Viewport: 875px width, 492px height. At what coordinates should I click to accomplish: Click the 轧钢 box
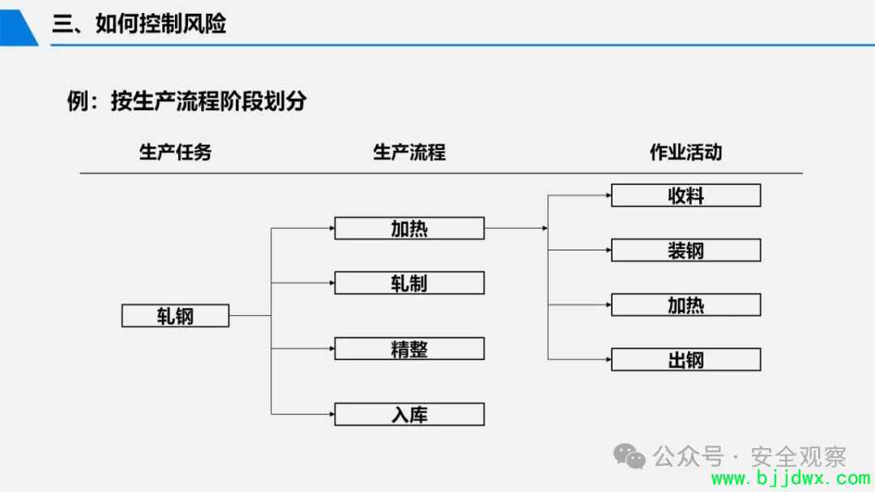175,315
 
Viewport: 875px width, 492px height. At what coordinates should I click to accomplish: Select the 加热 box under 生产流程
410,229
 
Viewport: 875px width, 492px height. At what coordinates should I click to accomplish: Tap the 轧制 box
410,283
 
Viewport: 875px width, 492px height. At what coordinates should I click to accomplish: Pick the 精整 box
410,349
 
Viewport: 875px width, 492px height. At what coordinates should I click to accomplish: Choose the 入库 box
410,414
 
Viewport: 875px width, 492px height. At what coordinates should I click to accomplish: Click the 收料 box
686,195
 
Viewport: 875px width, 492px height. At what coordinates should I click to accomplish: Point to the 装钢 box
686,250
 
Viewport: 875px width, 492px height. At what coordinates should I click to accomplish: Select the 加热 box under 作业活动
686,305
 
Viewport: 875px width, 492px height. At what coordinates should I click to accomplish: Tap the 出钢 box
686,360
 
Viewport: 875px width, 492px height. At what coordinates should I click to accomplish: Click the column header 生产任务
175,152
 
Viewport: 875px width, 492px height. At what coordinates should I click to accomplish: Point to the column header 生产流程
410,152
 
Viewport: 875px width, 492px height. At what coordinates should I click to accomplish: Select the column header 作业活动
686,152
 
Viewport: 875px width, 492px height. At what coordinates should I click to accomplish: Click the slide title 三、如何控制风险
139,24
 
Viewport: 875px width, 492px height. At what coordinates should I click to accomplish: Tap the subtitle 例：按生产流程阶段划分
187,101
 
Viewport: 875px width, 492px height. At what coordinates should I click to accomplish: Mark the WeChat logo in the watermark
630,456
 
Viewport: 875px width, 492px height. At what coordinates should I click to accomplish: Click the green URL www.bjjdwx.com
791,478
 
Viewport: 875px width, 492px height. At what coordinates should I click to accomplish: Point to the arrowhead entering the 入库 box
331,414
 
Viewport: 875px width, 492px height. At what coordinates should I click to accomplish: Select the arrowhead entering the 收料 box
608,195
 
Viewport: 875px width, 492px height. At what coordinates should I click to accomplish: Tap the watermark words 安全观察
799,457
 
